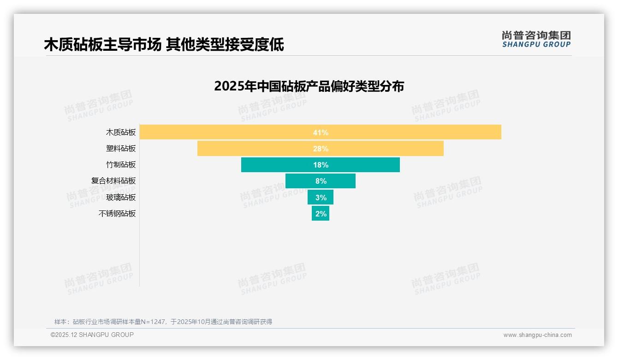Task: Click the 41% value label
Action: coord(321,132)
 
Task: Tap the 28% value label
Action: coord(321,149)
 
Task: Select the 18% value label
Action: coord(321,165)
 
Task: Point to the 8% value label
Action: coord(321,181)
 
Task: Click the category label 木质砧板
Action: coord(121,132)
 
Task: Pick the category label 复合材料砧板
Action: coord(113,181)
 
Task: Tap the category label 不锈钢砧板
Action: coord(117,214)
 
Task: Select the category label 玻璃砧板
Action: coord(121,198)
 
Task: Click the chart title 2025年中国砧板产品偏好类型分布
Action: coord(309,86)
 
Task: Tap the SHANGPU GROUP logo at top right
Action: coord(536,39)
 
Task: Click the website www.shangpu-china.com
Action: coord(537,335)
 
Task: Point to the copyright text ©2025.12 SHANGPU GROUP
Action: coord(92,335)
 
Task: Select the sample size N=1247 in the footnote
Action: coord(149,322)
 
